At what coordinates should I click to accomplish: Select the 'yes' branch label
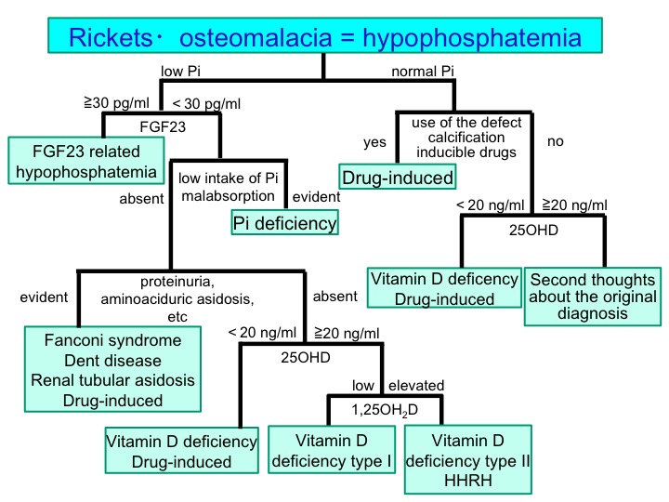pyautogui.click(x=374, y=142)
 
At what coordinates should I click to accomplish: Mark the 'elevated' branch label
pyautogui.click(x=416, y=385)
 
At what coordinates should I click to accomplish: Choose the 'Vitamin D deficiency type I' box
pyautogui.click(x=333, y=450)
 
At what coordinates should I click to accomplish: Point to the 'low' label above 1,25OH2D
pyautogui.click(x=362, y=385)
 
